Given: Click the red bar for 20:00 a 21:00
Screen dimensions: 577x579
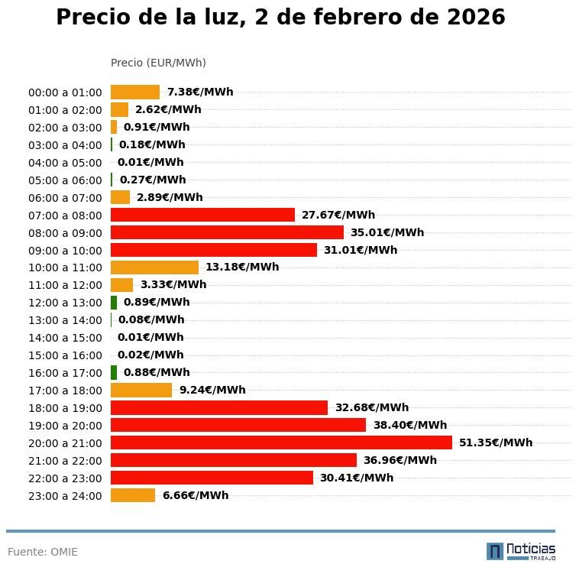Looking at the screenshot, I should tap(281, 442).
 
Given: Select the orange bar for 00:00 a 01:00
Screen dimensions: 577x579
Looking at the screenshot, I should tap(135, 92).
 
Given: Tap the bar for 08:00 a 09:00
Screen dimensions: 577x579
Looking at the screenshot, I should tap(227, 232).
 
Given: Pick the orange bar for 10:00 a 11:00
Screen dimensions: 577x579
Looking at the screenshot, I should tap(154, 267).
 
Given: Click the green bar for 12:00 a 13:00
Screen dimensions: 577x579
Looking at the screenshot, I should tap(114, 302).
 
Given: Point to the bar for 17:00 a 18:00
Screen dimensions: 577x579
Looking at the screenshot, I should tap(141, 390).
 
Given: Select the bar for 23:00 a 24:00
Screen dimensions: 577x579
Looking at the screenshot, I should tap(133, 495).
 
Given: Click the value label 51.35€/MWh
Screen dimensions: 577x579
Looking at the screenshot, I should tap(495, 442).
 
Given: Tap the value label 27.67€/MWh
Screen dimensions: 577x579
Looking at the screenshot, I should tap(338, 216).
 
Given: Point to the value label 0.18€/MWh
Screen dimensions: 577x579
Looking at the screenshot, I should tap(151, 145).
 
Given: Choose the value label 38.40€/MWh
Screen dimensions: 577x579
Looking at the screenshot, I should tap(409, 425).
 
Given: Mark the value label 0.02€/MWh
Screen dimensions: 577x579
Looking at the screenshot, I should tap(150, 355).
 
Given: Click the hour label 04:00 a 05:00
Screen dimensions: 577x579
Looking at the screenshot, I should tap(65, 163).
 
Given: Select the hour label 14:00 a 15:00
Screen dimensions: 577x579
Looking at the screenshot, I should tap(65, 338).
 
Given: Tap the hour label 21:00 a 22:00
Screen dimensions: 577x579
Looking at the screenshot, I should tap(65, 461).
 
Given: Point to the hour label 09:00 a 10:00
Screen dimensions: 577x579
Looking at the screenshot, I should tap(65, 251).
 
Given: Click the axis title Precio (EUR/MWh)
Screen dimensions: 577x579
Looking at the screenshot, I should tap(158, 63).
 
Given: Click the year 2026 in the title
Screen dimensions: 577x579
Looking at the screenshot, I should tap(469, 18).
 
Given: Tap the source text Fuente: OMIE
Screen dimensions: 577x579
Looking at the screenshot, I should tap(43, 552).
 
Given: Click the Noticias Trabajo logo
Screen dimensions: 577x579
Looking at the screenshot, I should tap(521, 551).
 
